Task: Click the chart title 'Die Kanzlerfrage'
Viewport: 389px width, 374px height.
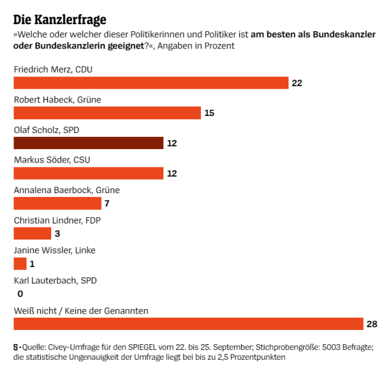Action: click(x=60, y=19)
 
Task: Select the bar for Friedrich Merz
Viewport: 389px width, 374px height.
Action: click(x=151, y=83)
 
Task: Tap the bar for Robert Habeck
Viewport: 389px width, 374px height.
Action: click(x=107, y=113)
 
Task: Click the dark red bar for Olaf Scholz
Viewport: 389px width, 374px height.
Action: click(x=88, y=143)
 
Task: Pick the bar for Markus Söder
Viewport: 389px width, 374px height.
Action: click(x=88, y=173)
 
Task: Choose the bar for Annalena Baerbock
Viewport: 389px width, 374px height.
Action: click(x=58, y=204)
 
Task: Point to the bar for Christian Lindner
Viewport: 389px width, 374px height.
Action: click(x=32, y=233)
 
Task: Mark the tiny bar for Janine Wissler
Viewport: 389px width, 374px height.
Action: click(x=20, y=264)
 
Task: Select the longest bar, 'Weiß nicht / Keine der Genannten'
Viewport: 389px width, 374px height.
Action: click(x=188, y=323)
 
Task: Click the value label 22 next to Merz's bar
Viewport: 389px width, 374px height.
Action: click(x=297, y=83)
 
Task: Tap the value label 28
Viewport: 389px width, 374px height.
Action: click(x=371, y=323)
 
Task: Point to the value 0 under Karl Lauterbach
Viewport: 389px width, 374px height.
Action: click(x=20, y=294)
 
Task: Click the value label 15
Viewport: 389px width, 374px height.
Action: click(x=209, y=113)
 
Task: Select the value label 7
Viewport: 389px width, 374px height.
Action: click(x=108, y=204)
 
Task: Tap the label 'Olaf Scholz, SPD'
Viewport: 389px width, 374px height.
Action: click(x=47, y=130)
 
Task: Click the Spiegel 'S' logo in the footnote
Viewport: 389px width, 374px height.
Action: click(x=16, y=347)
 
